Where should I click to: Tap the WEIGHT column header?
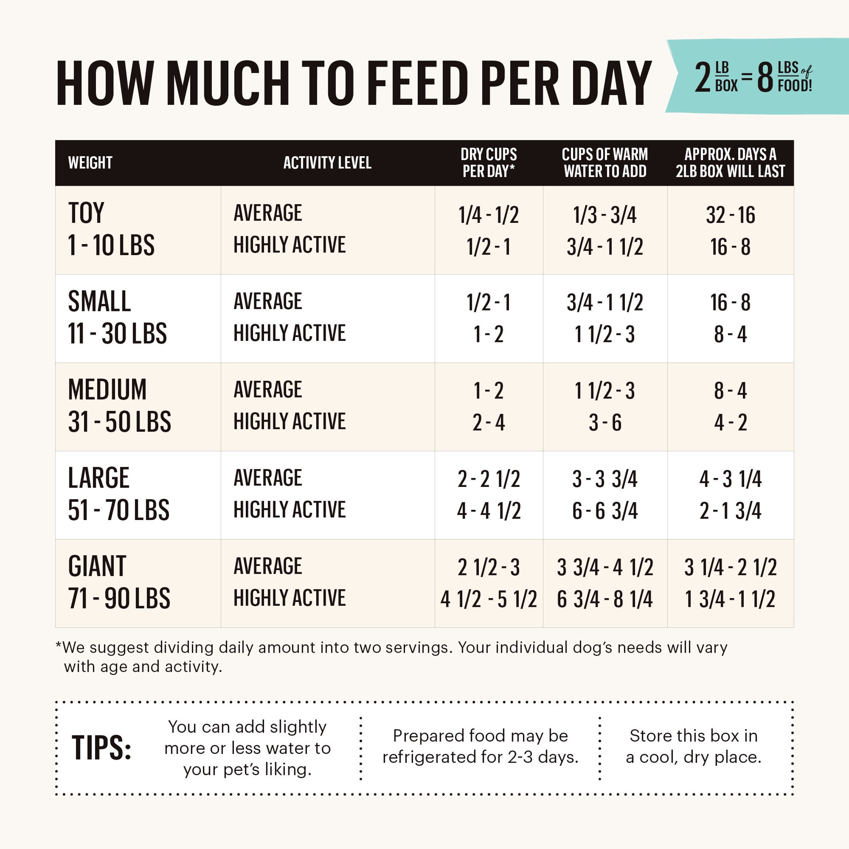(90, 163)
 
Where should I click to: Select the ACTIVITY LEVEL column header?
(327, 163)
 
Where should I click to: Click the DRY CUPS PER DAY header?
(489, 163)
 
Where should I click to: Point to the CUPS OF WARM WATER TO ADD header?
(605, 163)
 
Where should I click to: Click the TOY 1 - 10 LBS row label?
(111, 229)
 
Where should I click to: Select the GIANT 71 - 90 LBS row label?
(119, 582)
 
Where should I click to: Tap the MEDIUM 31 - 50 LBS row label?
(119, 405)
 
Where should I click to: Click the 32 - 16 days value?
(730, 215)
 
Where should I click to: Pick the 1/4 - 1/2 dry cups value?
(489, 215)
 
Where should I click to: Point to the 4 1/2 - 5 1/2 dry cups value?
(489, 599)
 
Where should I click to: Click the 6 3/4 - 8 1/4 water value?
(605, 599)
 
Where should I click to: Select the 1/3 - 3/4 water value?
(605, 215)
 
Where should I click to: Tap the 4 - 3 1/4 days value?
(730, 479)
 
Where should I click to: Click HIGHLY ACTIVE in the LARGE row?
(290, 510)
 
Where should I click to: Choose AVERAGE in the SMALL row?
(268, 302)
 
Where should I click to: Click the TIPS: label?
(101, 748)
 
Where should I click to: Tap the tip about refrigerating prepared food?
(480, 746)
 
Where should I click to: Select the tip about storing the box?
(693, 746)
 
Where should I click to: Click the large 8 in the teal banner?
(765, 78)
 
